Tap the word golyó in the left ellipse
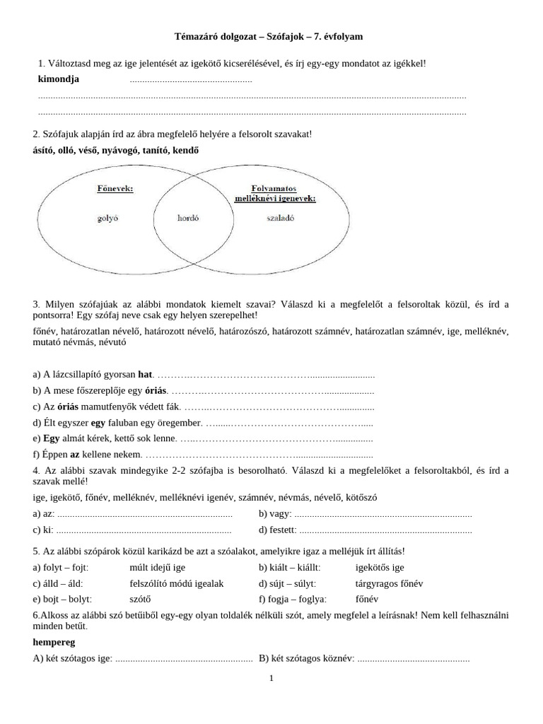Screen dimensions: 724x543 107,218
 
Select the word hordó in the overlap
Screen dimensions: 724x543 187,218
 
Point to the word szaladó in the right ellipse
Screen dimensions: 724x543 261,218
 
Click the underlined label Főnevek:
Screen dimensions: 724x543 115,189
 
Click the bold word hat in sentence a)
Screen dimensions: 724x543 145,375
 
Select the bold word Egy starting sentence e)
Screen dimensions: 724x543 52,438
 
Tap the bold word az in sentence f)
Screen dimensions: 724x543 74,455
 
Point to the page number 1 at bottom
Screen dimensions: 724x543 271,679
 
